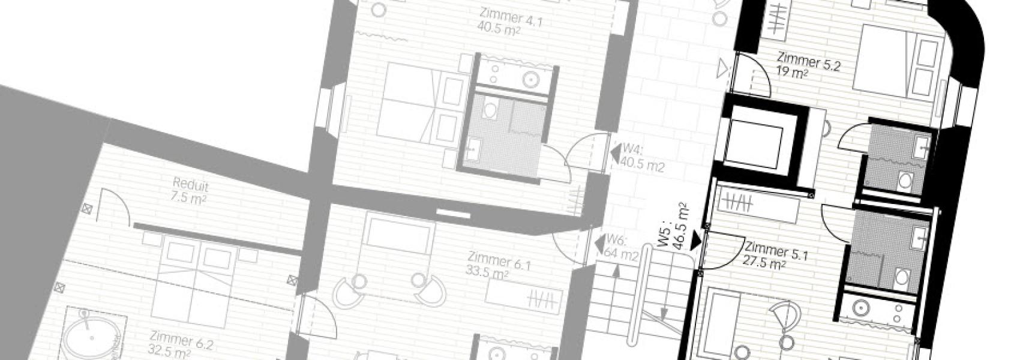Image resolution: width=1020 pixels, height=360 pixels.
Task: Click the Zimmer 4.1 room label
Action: pos(511,17)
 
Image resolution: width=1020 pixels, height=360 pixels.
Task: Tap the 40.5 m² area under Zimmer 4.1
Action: pos(499,29)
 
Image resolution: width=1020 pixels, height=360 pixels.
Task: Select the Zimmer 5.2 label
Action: pos(808,62)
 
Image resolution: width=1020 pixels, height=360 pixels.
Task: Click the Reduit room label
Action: pos(191,185)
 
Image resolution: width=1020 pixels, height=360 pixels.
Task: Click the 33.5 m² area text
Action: pos(487,272)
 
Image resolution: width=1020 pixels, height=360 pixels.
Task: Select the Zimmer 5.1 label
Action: pos(776,251)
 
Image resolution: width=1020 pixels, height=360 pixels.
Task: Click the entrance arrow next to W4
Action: pos(616,153)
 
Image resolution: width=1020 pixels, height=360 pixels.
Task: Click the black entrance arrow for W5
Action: pos(695,241)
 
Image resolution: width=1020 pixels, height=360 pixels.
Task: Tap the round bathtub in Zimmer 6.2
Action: pos(92,337)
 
